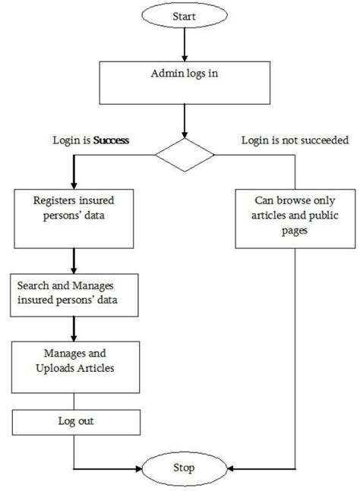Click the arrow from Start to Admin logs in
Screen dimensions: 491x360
[185, 45]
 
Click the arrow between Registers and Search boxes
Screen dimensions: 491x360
[74, 261]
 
